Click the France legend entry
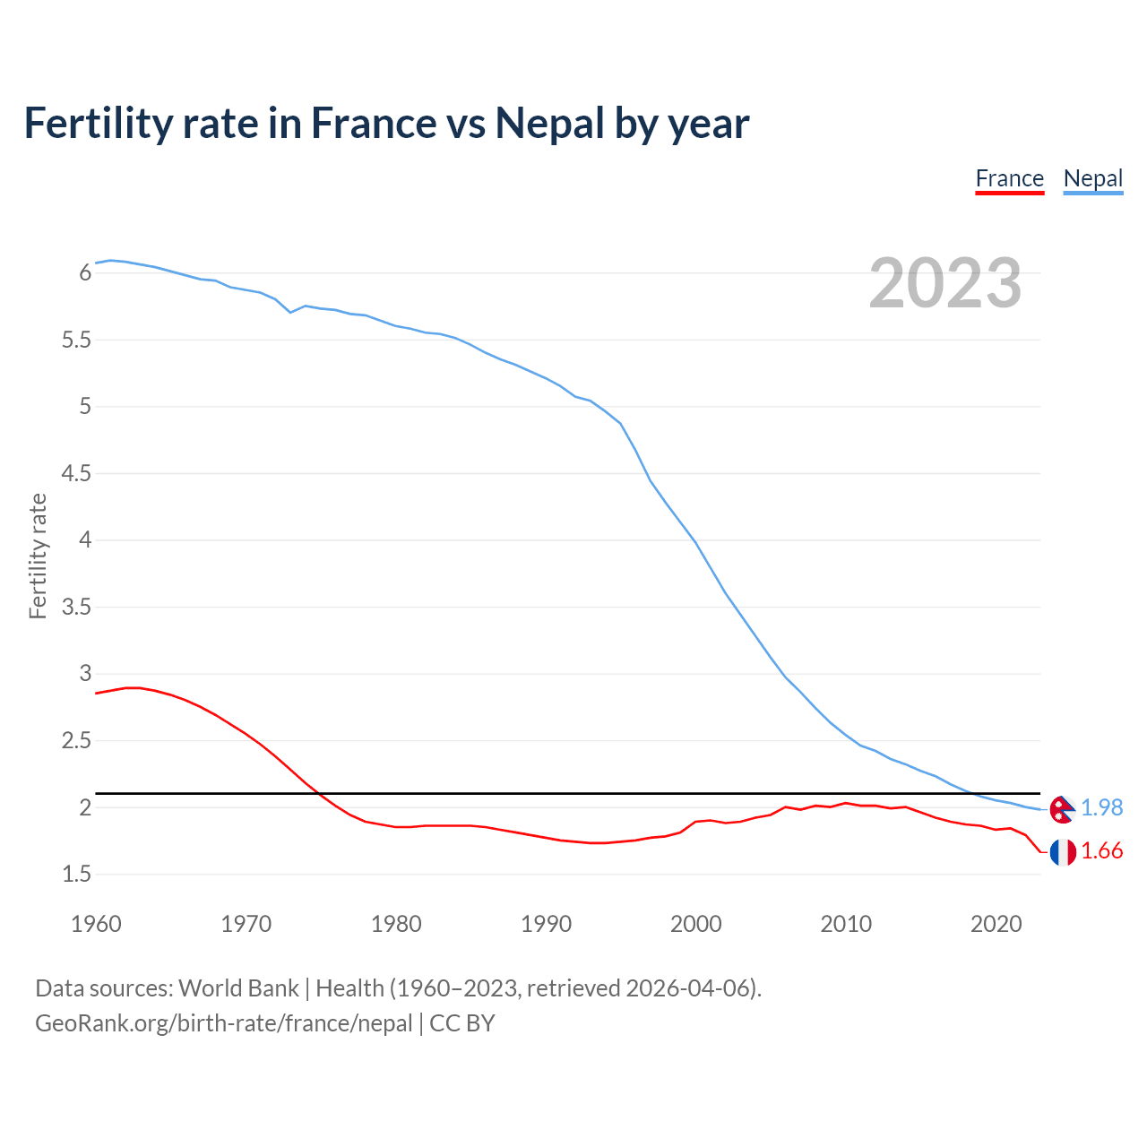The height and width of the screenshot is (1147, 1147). (1009, 179)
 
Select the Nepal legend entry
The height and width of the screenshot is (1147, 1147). (1092, 179)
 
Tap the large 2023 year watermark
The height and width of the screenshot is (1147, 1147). (944, 283)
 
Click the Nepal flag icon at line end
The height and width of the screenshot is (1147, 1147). (1062, 809)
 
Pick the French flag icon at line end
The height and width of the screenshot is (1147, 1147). (1063, 852)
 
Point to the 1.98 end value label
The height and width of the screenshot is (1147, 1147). (1101, 807)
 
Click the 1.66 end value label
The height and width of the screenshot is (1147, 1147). (1101, 850)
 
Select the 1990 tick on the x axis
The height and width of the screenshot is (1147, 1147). (546, 924)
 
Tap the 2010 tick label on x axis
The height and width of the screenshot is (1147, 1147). (845, 924)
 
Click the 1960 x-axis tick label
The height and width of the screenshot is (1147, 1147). (96, 924)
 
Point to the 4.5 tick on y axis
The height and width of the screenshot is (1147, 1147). (76, 473)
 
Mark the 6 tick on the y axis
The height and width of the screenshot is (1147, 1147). (86, 272)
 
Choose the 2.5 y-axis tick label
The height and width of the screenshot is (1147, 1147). (76, 740)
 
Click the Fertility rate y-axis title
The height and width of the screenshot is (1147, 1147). (38, 556)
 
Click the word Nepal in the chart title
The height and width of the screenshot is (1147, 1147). (550, 124)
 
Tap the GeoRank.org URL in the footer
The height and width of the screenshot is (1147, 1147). (223, 1022)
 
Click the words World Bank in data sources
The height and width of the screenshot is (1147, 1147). (238, 987)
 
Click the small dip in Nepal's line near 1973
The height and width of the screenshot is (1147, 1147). (290, 312)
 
